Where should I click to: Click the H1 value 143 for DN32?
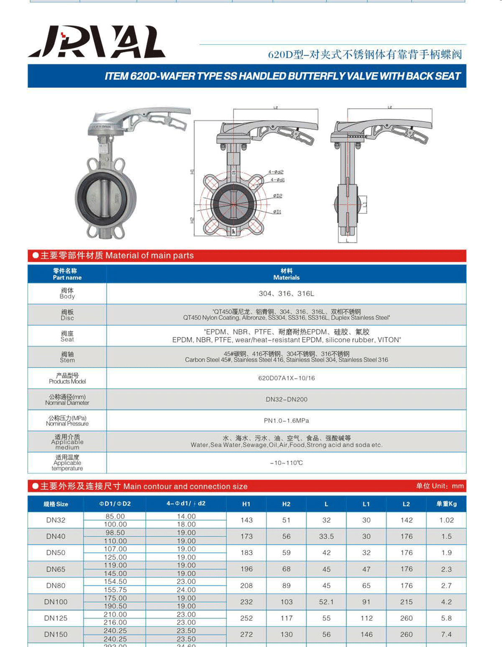pyautogui.click(x=246, y=520)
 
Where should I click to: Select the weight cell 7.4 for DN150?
pyautogui.click(x=446, y=634)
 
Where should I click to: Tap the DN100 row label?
pyautogui.click(x=56, y=602)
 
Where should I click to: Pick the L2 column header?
pyautogui.click(x=406, y=504)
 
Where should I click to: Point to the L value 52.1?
pyautogui.click(x=326, y=602)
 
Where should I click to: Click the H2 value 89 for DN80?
pyautogui.click(x=286, y=586)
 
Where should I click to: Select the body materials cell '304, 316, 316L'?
pyautogui.click(x=286, y=294)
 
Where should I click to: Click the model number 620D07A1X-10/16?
pyautogui.click(x=286, y=378)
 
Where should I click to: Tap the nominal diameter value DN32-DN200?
pyautogui.click(x=286, y=399)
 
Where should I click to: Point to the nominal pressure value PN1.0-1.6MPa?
pyautogui.click(x=286, y=420)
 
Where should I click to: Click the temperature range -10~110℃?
pyautogui.click(x=286, y=463)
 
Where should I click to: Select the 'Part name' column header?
pyautogui.click(x=67, y=274)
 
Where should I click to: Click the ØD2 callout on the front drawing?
pyautogui.click(x=277, y=196)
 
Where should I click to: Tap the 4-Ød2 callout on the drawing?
pyautogui.click(x=276, y=172)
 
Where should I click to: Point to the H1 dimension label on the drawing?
pyautogui.click(x=192, y=171)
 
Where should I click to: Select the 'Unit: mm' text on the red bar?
pyautogui.click(x=440, y=486)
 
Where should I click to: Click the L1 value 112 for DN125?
pyautogui.click(x=366, y=618)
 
